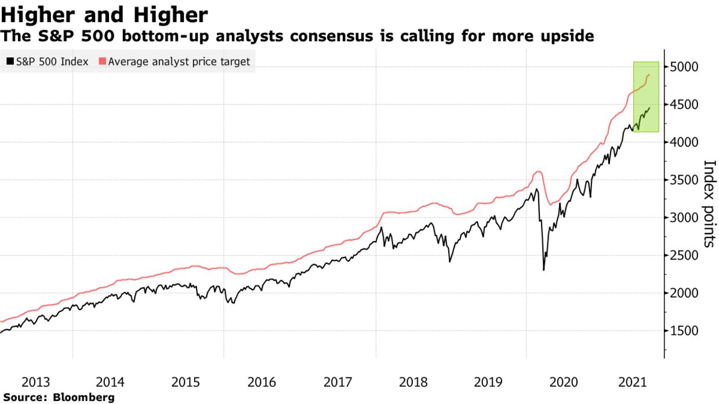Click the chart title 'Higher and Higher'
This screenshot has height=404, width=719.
click(x=104, y=14)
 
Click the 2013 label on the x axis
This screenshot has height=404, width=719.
click(x=36, y=382)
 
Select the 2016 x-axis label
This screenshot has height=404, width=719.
click(x=262, y=382)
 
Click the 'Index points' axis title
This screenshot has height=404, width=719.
click(x=709, y=203)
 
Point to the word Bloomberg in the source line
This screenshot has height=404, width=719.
click(x=83, y=398)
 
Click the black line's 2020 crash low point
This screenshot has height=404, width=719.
click(x=543, y=270)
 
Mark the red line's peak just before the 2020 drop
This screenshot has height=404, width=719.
click(x=538, y=172)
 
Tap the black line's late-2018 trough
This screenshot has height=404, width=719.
click(x=450, y=261)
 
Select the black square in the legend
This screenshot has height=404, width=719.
click(x=10, y=61)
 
